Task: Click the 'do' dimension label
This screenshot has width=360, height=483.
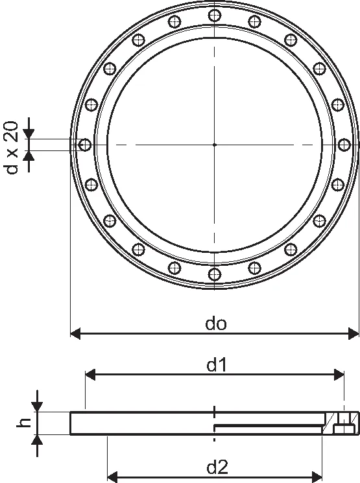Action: (216, 324)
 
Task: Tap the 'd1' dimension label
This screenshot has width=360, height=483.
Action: (217, 366)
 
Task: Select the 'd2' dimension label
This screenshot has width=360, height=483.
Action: (217, 467)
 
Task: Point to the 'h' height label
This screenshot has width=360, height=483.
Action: (24, 423)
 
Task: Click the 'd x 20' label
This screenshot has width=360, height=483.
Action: (12, 148)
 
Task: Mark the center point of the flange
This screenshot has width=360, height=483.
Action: (215, 145)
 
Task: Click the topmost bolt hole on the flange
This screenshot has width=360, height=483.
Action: (215, 15)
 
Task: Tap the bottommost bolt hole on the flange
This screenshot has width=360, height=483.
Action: (215, 274)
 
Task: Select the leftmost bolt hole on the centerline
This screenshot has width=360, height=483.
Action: (85, 145)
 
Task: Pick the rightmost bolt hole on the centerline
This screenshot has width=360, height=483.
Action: (344, 145)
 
